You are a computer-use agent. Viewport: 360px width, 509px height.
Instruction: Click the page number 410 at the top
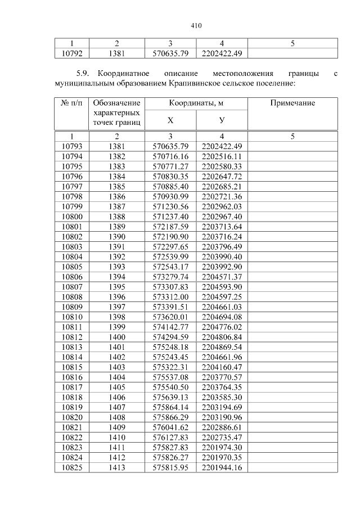point(196,26)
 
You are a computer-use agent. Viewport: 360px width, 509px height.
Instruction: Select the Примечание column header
point(292,103)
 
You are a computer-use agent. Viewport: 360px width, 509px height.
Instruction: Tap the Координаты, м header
point(196,103)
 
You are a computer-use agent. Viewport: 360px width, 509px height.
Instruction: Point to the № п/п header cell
point(71,103)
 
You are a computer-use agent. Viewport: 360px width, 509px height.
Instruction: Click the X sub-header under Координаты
point(170,120)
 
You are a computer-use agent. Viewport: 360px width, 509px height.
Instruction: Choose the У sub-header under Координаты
point(222,120)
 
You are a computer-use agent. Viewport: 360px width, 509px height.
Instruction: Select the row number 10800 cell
point(71,217)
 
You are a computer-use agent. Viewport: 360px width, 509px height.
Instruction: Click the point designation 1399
point(116,326)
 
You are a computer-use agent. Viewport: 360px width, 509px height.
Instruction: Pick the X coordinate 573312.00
point(170,296)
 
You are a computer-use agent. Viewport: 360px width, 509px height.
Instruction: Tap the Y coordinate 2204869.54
point(222,346)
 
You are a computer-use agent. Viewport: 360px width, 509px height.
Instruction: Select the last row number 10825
point(71,467)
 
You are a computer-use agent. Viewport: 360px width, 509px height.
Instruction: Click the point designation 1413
point(116,467)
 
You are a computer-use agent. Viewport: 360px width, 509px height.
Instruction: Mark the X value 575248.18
point(170,346)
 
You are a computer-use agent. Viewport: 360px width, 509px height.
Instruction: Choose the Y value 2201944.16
point(222,467)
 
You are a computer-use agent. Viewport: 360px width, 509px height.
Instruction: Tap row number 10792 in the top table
point(71,53)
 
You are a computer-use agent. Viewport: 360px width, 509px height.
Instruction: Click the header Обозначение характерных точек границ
point(116,112)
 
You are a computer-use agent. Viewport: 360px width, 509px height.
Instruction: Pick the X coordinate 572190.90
point(170,236)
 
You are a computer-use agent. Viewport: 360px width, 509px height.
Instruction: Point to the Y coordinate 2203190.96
point(222,417)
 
